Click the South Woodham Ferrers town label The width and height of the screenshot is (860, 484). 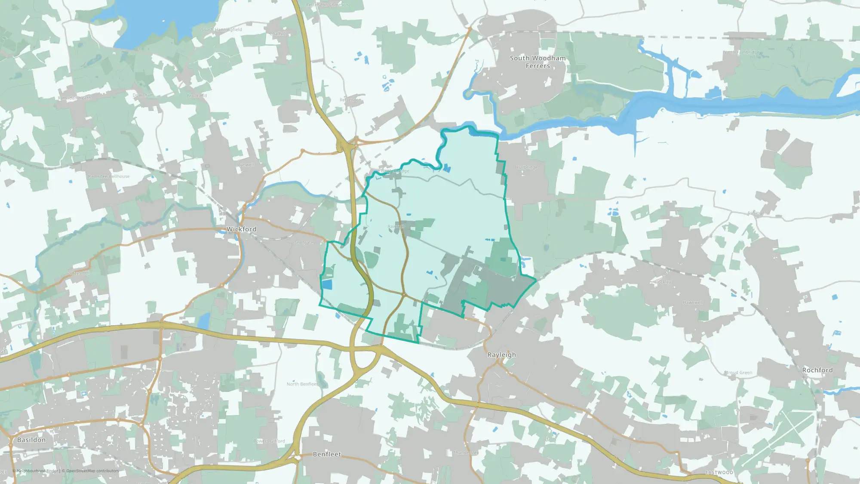[x=537, y=62]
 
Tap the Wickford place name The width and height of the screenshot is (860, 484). [x=241, y=229]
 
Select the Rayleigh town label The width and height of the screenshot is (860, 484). [x=501, y=355]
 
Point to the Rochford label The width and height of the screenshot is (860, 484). [x=817, y=370]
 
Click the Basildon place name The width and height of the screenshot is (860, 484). [x=31, y=440]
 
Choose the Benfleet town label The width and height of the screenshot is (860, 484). [x=327, y=454]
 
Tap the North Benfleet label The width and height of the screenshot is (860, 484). [x=302, y=384]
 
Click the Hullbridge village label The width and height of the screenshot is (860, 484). [x=527, y=167]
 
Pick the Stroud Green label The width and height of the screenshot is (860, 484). [x=738, y=373]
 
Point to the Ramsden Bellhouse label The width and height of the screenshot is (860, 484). [x=109, y=176]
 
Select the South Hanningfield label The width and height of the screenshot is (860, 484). [x=222, y=30]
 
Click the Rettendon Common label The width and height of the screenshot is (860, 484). [x=327, y=5]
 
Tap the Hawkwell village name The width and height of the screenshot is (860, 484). [x=692, y=302]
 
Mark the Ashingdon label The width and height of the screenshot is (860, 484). [x=758, y=213]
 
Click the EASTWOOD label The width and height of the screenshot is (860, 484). [x=719, y=472]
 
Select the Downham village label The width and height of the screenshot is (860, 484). [x=143, y=95]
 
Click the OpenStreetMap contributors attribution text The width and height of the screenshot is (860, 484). [x=92, y=471]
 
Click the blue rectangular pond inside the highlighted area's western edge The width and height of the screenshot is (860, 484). [x=327, y=284]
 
